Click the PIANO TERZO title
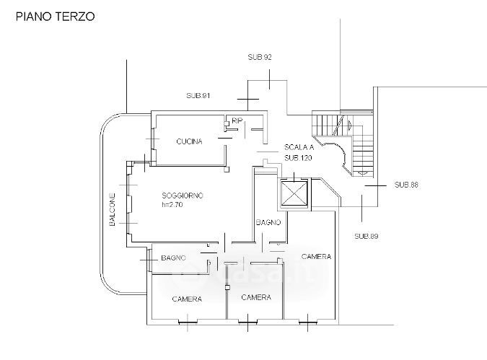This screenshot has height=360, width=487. [56, 17]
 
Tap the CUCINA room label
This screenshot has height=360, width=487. [189, 141]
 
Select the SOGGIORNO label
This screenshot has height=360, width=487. [183, 196]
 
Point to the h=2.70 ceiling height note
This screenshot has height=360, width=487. [172, 205]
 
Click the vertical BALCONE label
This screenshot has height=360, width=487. [112, 209]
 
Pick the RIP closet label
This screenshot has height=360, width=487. [237, 120]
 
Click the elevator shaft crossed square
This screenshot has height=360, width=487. [294, 193]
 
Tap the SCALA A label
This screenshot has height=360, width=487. [299, 147]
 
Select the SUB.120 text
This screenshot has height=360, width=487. [298, 158]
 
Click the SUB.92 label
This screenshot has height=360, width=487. [260, 57]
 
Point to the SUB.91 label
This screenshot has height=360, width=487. [198, 96]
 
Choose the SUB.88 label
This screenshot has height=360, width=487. [406, 185]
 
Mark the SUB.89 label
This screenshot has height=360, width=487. [367, 237]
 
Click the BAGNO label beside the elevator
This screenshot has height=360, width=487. [268, 222]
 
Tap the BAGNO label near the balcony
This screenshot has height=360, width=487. [174, 258]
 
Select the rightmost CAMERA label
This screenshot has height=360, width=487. [316, 257]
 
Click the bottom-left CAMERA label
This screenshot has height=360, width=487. [187, 299]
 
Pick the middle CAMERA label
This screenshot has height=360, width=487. [256, 297]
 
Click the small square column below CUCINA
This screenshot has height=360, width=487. [227, 170]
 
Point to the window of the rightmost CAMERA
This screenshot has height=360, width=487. [307, 322]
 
